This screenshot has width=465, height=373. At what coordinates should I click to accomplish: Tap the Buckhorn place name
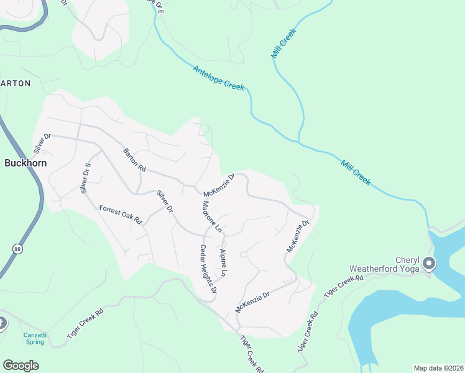[25, 163]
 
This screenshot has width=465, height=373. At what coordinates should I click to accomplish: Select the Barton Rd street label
[134, 160]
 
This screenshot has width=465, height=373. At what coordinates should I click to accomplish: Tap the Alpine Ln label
[223, 262]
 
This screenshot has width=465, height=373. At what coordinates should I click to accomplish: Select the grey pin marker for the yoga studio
[428, 264]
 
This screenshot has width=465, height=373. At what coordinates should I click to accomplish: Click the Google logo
[21, 366]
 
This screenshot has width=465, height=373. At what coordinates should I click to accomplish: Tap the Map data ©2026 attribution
[438, 368]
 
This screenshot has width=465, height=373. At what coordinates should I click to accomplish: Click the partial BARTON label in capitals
[15, 83]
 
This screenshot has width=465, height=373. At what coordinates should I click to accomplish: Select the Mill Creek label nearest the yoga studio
[356, 173]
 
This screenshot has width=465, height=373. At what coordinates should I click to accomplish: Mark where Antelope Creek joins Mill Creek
[299, 142]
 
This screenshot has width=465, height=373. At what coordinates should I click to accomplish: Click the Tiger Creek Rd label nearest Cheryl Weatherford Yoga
[343, 283]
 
